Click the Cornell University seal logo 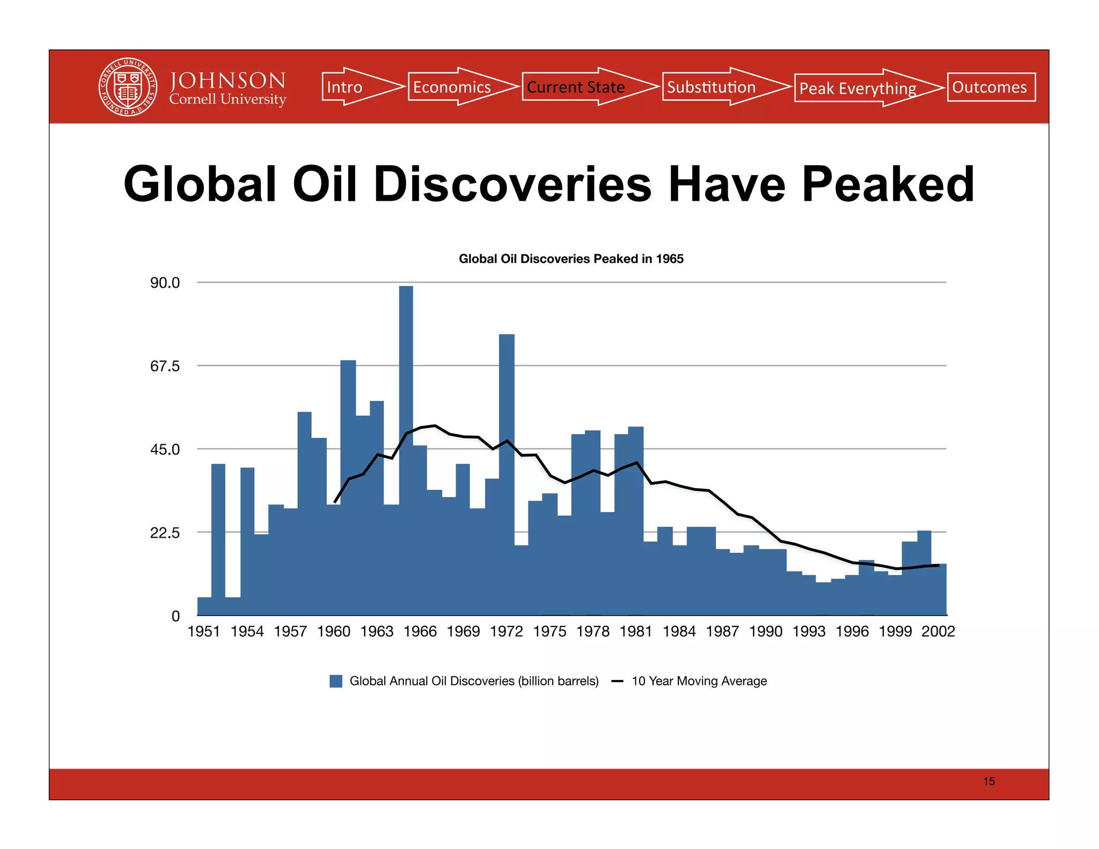tap(128, 87)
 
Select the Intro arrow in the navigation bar tap(354, 87)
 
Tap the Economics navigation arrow tap(456, 87)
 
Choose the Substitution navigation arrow tap(716, 87)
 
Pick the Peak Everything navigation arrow tap(861, 88)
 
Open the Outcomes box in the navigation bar tap(991, 87)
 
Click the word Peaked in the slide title tap(888, 184)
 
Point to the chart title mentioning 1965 tap(571, 259)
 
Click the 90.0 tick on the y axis tap(165, 283)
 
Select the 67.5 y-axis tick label tap(165, 366)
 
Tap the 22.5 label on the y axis tap(165, 533)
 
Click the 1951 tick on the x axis tap(204, 631)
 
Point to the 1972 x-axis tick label tap(506, 631)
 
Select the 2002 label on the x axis tap(938, 631)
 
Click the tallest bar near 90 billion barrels tap(406, 376)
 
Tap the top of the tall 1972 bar tap(507, 338)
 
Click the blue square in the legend tap(336, 681)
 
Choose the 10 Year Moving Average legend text tap(699, 681)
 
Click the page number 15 tap(988, 781)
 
